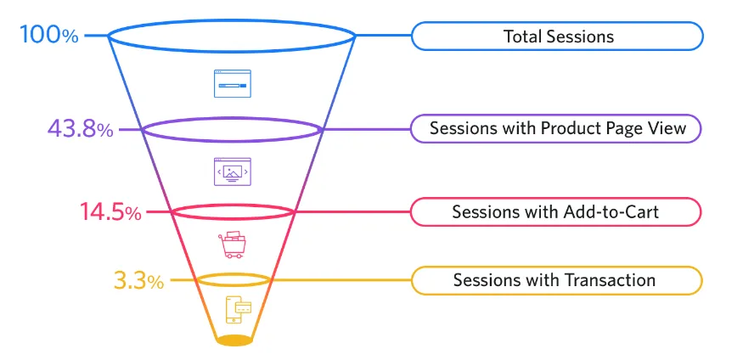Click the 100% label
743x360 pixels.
coord(50,37)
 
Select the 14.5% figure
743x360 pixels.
coord(110,212)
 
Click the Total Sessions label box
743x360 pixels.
coord(557,37)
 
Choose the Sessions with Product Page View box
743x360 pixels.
coord(557,129)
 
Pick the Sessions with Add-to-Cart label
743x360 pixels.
coord(557,211)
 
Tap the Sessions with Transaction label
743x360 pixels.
coord(557,280)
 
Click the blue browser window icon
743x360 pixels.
coord(233,83)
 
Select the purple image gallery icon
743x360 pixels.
coord(233,171)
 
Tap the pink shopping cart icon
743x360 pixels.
coord(233,245)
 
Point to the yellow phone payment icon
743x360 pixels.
coord(238,310)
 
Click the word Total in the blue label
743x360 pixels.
coord(521,37)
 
